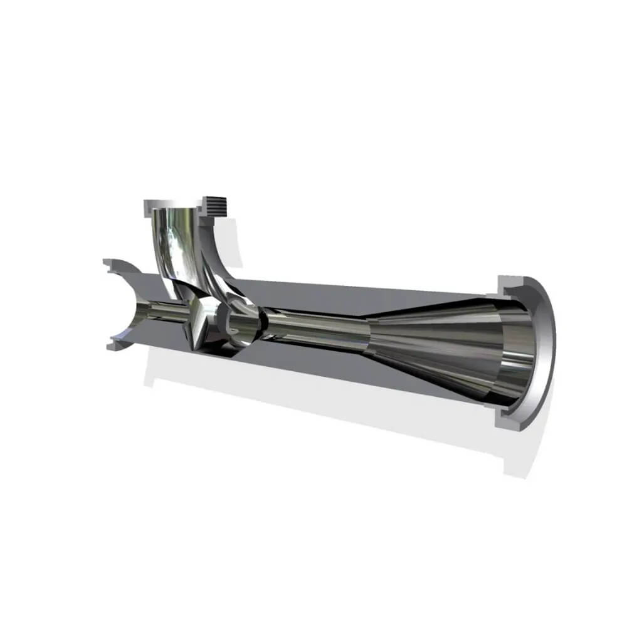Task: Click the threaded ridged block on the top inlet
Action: [x=215, y=204]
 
